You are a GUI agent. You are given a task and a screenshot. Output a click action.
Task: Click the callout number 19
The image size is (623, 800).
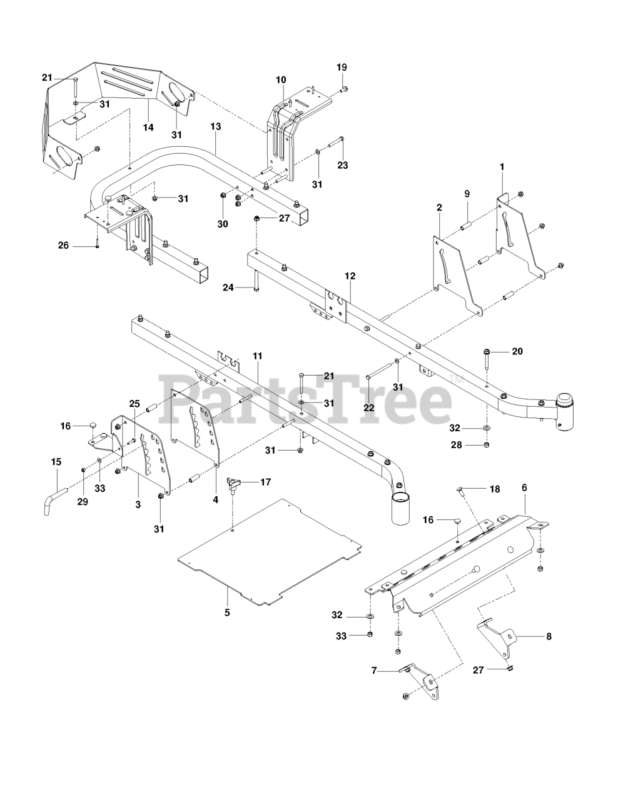(x=342, y=67)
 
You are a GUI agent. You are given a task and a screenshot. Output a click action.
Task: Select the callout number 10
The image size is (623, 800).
(x=281, y=79)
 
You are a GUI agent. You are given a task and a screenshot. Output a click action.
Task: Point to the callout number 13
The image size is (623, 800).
(x=215, y=126)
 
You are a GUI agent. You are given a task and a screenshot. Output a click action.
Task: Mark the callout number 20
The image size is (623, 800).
(x=517, y=351)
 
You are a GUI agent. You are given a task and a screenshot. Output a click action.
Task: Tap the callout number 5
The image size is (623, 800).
(x=227, y=612)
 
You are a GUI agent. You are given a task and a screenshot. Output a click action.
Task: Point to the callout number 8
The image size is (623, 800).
(x=548, y=637)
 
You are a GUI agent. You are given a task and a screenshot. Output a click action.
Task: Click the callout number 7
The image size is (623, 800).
(x=374, y=670)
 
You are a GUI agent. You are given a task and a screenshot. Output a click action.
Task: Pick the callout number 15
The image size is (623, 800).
(x=56, y=461)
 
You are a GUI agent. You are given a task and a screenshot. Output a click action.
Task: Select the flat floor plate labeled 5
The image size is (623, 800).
(x=269, y=550)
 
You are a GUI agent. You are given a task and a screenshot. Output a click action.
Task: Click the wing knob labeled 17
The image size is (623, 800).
(x=233, y=483)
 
